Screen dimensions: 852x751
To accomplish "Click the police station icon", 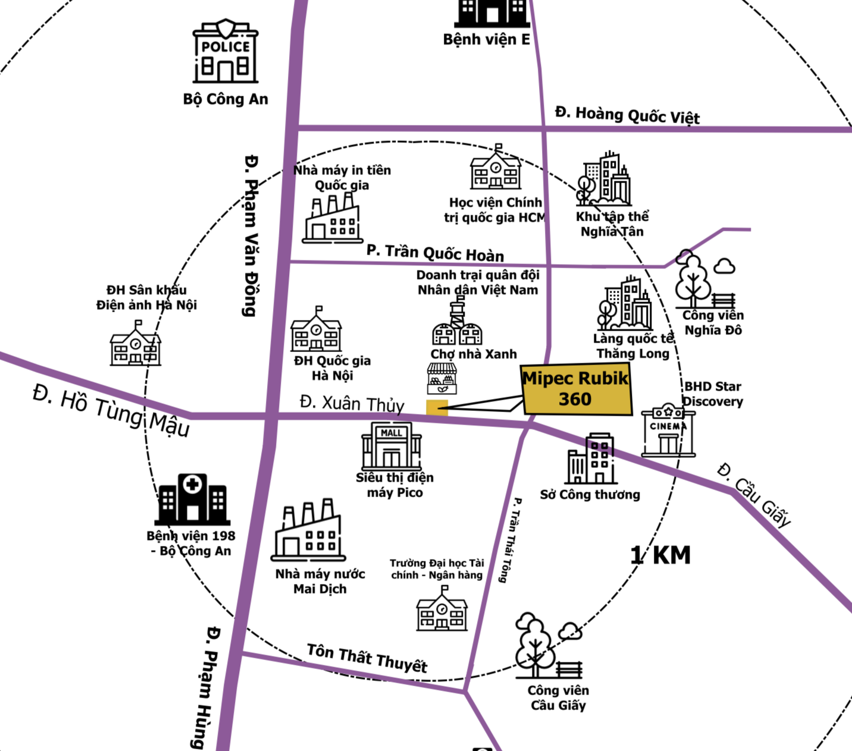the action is pos(225,51).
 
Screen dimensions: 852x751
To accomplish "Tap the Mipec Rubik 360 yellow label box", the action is pos(576,389).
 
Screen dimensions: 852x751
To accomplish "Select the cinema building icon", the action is pos(668,430).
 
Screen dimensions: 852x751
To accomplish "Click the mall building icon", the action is pos(391,446).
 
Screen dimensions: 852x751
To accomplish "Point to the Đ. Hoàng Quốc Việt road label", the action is pos(627,115).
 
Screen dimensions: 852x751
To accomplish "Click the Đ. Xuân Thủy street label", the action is pos(352,404).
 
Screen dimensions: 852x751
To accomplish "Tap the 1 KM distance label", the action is pos(660,555).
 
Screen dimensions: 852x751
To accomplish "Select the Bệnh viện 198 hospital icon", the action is pos(192,499).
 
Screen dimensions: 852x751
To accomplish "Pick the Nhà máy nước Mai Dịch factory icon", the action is pos(308,530).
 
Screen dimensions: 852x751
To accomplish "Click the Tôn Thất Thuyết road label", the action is pos(367,658).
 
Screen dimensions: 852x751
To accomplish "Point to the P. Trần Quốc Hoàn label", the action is pos(436,253).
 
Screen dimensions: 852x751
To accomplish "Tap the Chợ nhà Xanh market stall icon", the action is pos(441,379).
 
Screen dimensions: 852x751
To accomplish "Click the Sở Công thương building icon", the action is pos(591,458).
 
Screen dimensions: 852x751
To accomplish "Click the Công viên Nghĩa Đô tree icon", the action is pos(705,279).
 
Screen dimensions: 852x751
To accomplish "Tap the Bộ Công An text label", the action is pos(225,99).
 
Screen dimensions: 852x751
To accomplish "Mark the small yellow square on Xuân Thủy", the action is pos(437,408).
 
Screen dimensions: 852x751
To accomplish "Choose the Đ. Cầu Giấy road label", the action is pos(754,495).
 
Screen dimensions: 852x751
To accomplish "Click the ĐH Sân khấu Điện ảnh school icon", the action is pos(136,343).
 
